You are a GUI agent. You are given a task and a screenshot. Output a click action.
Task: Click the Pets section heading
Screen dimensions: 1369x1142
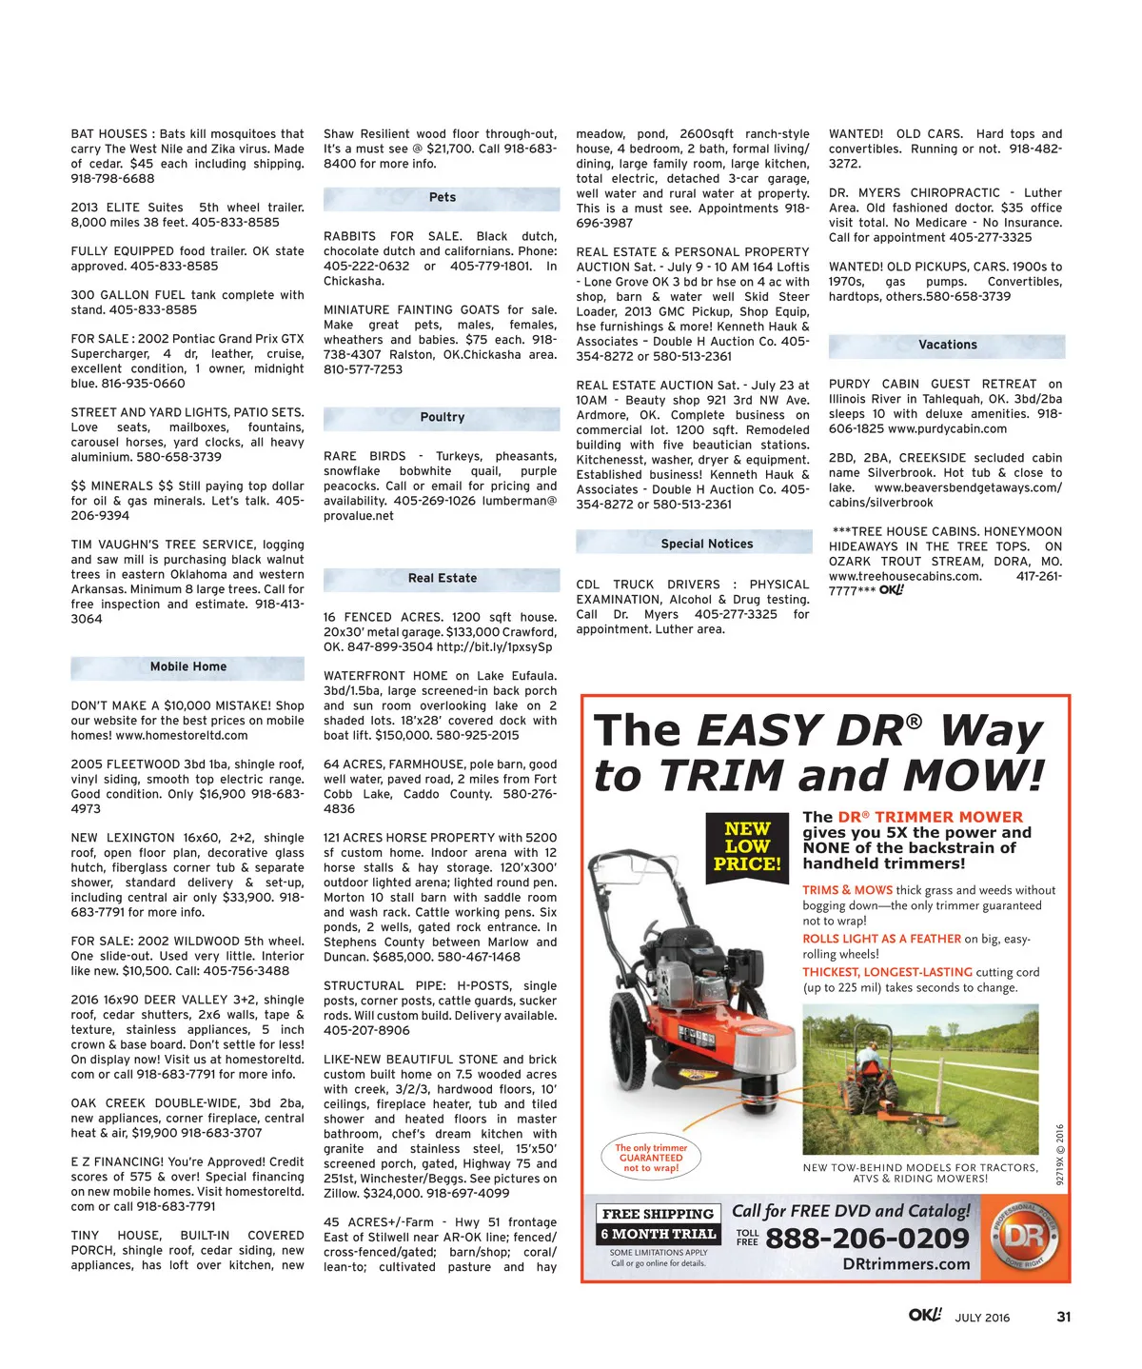click(442, 198)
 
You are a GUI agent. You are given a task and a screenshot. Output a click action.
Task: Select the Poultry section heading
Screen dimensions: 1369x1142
click(442, 418)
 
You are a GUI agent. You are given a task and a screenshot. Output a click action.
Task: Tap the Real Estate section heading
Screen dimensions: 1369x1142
click(442, 579)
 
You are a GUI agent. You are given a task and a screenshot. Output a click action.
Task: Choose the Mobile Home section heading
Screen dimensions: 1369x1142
click(187, 667)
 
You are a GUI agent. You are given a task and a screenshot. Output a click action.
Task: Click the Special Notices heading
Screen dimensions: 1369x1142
click(706, 545)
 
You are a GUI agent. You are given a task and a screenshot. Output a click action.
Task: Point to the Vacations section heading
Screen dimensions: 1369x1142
click(947, 346)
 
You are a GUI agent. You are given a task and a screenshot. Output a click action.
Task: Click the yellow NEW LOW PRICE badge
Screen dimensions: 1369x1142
click(747, 846)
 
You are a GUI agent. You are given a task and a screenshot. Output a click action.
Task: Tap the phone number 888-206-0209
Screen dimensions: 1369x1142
click(867, 1239)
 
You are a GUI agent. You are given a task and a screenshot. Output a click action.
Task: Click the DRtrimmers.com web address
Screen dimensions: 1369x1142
click(906, 1264)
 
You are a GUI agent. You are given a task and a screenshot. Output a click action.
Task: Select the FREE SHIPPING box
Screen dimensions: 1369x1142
click(658, 1214)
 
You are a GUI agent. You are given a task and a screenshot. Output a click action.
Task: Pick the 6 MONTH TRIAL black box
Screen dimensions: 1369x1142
click(658, 1234)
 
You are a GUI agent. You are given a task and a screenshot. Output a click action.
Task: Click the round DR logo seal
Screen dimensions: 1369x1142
click(1025, 1237)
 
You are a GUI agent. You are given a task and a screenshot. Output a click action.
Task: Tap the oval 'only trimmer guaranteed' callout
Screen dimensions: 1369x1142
click(651, 1158)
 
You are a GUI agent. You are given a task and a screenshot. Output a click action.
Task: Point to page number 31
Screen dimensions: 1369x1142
click(1064, 1318)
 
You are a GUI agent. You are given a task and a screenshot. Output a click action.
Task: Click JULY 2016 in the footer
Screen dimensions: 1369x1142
click(982, 1319)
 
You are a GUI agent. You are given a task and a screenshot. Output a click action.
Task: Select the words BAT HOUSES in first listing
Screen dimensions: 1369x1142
click(108, 134)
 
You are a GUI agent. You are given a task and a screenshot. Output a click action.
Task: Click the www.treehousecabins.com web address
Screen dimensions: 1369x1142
click(904, 577)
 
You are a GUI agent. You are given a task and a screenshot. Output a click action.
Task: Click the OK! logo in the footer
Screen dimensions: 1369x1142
click(924, 1316)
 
